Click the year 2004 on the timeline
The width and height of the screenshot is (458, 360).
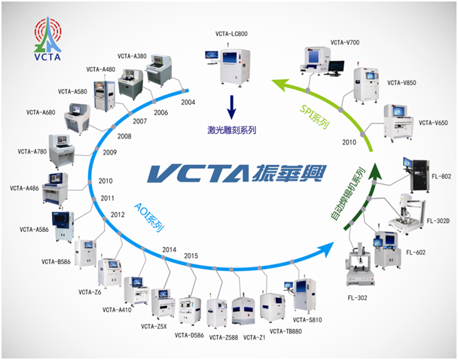[188, 102]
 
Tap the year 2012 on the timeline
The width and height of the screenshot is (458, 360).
[118, 215]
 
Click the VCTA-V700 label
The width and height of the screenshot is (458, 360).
[343, 42]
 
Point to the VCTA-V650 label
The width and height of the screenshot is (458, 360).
[429, 123]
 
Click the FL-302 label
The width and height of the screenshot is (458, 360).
[358, 299]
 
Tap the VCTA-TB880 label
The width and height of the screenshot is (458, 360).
[285, 331]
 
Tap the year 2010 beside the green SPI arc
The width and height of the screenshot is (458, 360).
[349, 142]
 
